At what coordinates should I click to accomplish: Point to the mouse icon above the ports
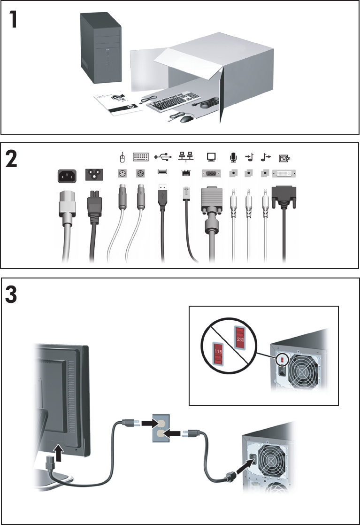(122, 156)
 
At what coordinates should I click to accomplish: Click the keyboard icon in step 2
(140, 157)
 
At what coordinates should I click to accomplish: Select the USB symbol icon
(162, 157)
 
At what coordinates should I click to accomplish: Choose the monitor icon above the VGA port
(210, 157)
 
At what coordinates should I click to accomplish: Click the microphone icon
(233, 157)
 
